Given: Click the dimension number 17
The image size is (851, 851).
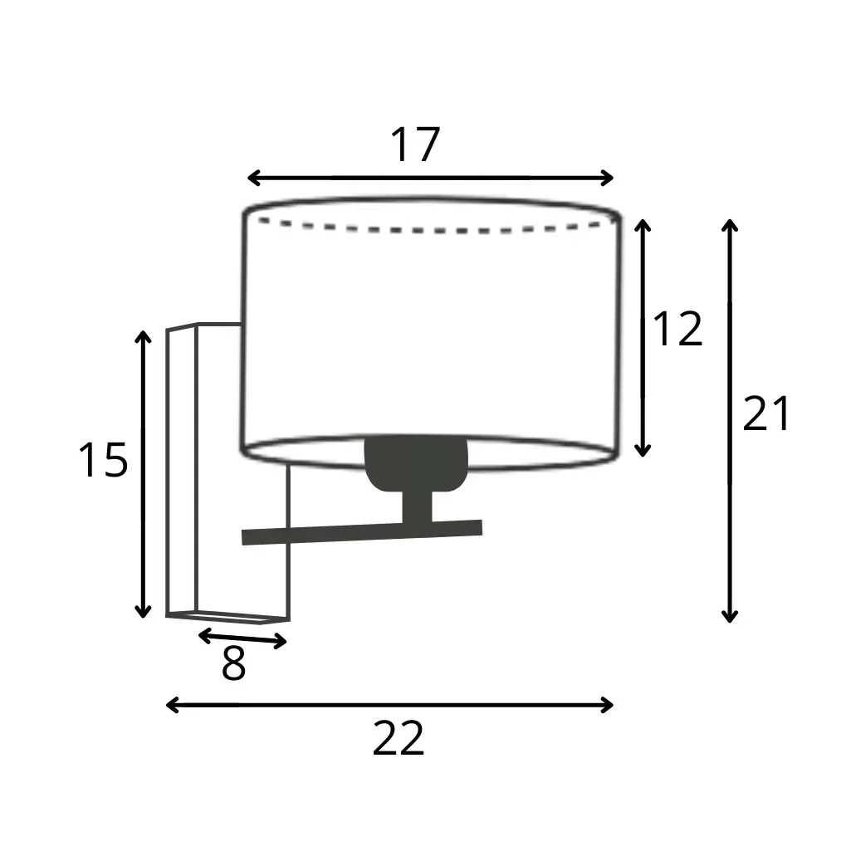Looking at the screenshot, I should (414, 145).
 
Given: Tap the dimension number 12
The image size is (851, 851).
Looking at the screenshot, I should (678, 330).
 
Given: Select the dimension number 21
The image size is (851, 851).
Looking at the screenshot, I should (766, 413).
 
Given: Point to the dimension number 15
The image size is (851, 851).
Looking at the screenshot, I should (103, 460).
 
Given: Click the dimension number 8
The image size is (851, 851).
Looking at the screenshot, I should (233, 664).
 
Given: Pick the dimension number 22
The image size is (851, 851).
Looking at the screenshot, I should (399, 738).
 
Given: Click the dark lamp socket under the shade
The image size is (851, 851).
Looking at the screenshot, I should (416, 463).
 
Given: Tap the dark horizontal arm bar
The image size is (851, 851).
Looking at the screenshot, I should (362, 532).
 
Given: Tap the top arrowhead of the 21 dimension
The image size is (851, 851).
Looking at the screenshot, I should (730, 224).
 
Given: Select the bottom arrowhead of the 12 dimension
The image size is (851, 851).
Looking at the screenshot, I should (642, 451).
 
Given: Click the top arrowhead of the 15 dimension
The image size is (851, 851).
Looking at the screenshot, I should (144, 336).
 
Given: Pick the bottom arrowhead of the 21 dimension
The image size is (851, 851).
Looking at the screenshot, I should (730, 616).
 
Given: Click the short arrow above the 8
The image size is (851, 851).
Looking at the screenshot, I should (242, 638).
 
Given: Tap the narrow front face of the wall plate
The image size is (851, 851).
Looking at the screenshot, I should (182, 471).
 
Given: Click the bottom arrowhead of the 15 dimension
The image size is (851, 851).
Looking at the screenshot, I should (144, 612).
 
